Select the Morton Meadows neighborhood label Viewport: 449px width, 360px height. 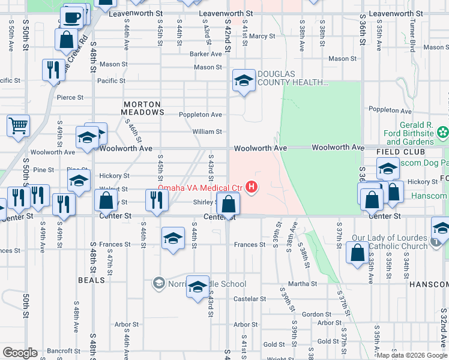[x=143, y=108]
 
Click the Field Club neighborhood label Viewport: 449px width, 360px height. [x=397, y=152]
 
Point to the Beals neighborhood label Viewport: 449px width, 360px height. [x=91, y=280]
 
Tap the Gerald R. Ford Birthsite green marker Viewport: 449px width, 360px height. [x=443, y=131]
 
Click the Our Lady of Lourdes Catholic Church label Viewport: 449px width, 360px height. [x=393, y=242]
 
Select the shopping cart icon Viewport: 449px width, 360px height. [x=19, y=126]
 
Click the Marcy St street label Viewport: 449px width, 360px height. [x=262, y=36]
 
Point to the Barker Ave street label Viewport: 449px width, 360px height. [x=206, y=53]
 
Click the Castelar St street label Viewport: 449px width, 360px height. [x=246, y=299]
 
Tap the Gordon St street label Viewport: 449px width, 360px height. [x=313, y=314]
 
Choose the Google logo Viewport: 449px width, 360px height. [x=20, y=353]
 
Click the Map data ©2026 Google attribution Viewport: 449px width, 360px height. [x=411, y=355]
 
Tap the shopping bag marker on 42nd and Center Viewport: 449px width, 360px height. [x=228, y=204]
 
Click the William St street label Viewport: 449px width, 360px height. [x=207, y=131]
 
